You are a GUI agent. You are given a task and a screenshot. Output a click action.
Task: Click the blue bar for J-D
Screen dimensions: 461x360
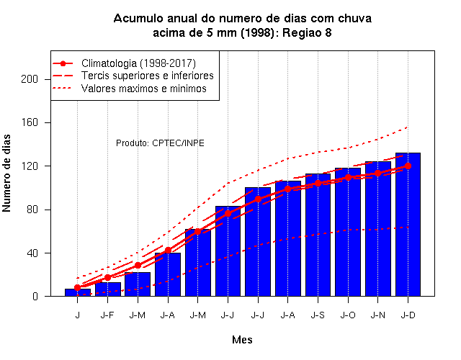click(408, 225)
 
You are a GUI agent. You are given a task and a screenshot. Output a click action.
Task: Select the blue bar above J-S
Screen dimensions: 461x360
click(318, 235)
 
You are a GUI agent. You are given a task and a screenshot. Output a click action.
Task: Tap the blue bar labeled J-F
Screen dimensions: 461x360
click(107, 289)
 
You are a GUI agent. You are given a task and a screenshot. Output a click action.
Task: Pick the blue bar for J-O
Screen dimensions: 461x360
click(348, 232)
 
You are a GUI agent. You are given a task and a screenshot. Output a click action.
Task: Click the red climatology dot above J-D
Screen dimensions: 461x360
click(408, 166)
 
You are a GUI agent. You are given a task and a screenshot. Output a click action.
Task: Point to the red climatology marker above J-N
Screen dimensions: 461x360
click(377, 173)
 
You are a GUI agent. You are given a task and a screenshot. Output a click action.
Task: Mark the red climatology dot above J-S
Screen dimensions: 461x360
click(318, 183)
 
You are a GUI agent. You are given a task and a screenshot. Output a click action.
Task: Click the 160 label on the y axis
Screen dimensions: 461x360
click(30, 122)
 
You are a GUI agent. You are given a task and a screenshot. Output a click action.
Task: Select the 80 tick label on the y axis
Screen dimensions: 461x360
click(32, 210)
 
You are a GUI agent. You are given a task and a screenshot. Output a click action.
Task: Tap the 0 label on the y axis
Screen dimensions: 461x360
click(35, 296)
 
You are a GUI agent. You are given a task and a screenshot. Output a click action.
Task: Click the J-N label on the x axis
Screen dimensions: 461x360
click(377, 315)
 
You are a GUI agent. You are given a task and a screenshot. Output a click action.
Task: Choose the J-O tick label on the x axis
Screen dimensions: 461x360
click(348, 315)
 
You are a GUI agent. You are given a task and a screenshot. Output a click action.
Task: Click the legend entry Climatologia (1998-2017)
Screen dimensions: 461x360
click(138, 63)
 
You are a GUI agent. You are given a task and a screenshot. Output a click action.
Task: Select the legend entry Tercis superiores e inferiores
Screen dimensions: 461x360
click(147, 76)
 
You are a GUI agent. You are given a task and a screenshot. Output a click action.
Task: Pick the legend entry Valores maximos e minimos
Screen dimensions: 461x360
click(144, 89)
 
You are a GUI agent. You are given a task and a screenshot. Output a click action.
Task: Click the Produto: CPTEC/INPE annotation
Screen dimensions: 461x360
click(160, 143)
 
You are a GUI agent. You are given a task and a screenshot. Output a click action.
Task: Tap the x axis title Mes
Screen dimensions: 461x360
click(242, 340)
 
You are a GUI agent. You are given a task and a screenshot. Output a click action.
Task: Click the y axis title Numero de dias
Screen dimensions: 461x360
click(6, 174)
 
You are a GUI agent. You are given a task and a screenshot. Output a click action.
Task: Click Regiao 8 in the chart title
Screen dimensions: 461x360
click(307, 32)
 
